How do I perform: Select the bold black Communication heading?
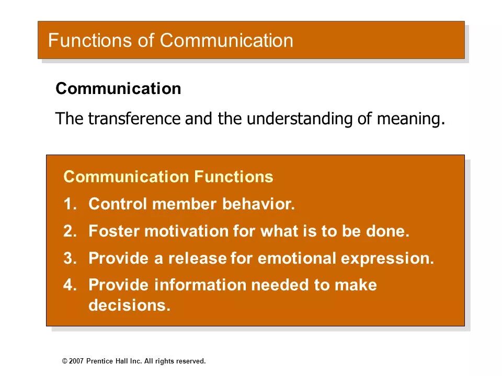click(118, 89)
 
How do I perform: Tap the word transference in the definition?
click(135, 119)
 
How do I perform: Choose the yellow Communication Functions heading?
click(168, 177)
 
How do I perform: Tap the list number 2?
click(69, 231)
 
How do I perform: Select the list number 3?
click(69, 258)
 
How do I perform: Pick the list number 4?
click(69, 285)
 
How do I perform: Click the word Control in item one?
click(118, 204)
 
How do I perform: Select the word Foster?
click(113, 231)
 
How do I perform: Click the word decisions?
click(129, 305)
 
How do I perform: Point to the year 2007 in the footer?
click(76, 361)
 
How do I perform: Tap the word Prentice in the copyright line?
click(99, 361)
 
